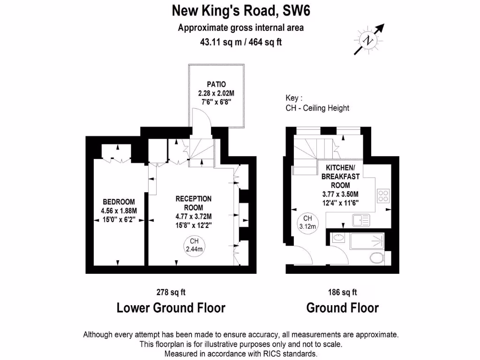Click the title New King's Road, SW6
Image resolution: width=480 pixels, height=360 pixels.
[240, 10]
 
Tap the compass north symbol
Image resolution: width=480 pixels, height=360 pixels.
[370, 40]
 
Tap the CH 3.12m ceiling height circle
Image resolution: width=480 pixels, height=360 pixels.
[307, 222]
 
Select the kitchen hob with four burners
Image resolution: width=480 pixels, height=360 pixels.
[383, 195]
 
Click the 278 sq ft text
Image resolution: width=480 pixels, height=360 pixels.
[171, 292]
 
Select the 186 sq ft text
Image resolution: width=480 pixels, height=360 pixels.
[342, 292]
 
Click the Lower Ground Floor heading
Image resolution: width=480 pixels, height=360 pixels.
[171, 308]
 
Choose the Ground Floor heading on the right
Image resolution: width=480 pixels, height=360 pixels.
[342, 308]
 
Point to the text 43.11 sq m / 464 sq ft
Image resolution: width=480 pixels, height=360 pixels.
[240, 42]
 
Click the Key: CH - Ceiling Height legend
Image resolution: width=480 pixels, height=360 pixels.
[317, 104]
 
